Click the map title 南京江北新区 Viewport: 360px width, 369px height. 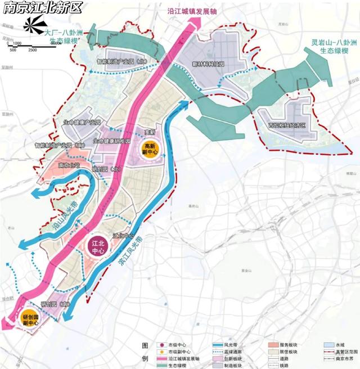[42, 8]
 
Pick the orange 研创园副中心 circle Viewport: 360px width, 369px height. [30, 320]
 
